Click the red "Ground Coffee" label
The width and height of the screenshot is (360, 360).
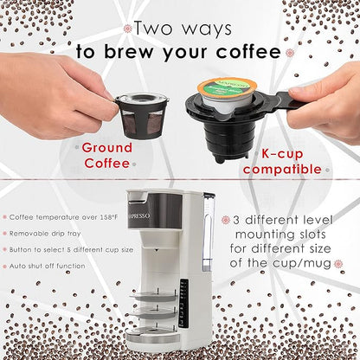coord(107,155)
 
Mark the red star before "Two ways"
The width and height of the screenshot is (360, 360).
coord(127,29)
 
